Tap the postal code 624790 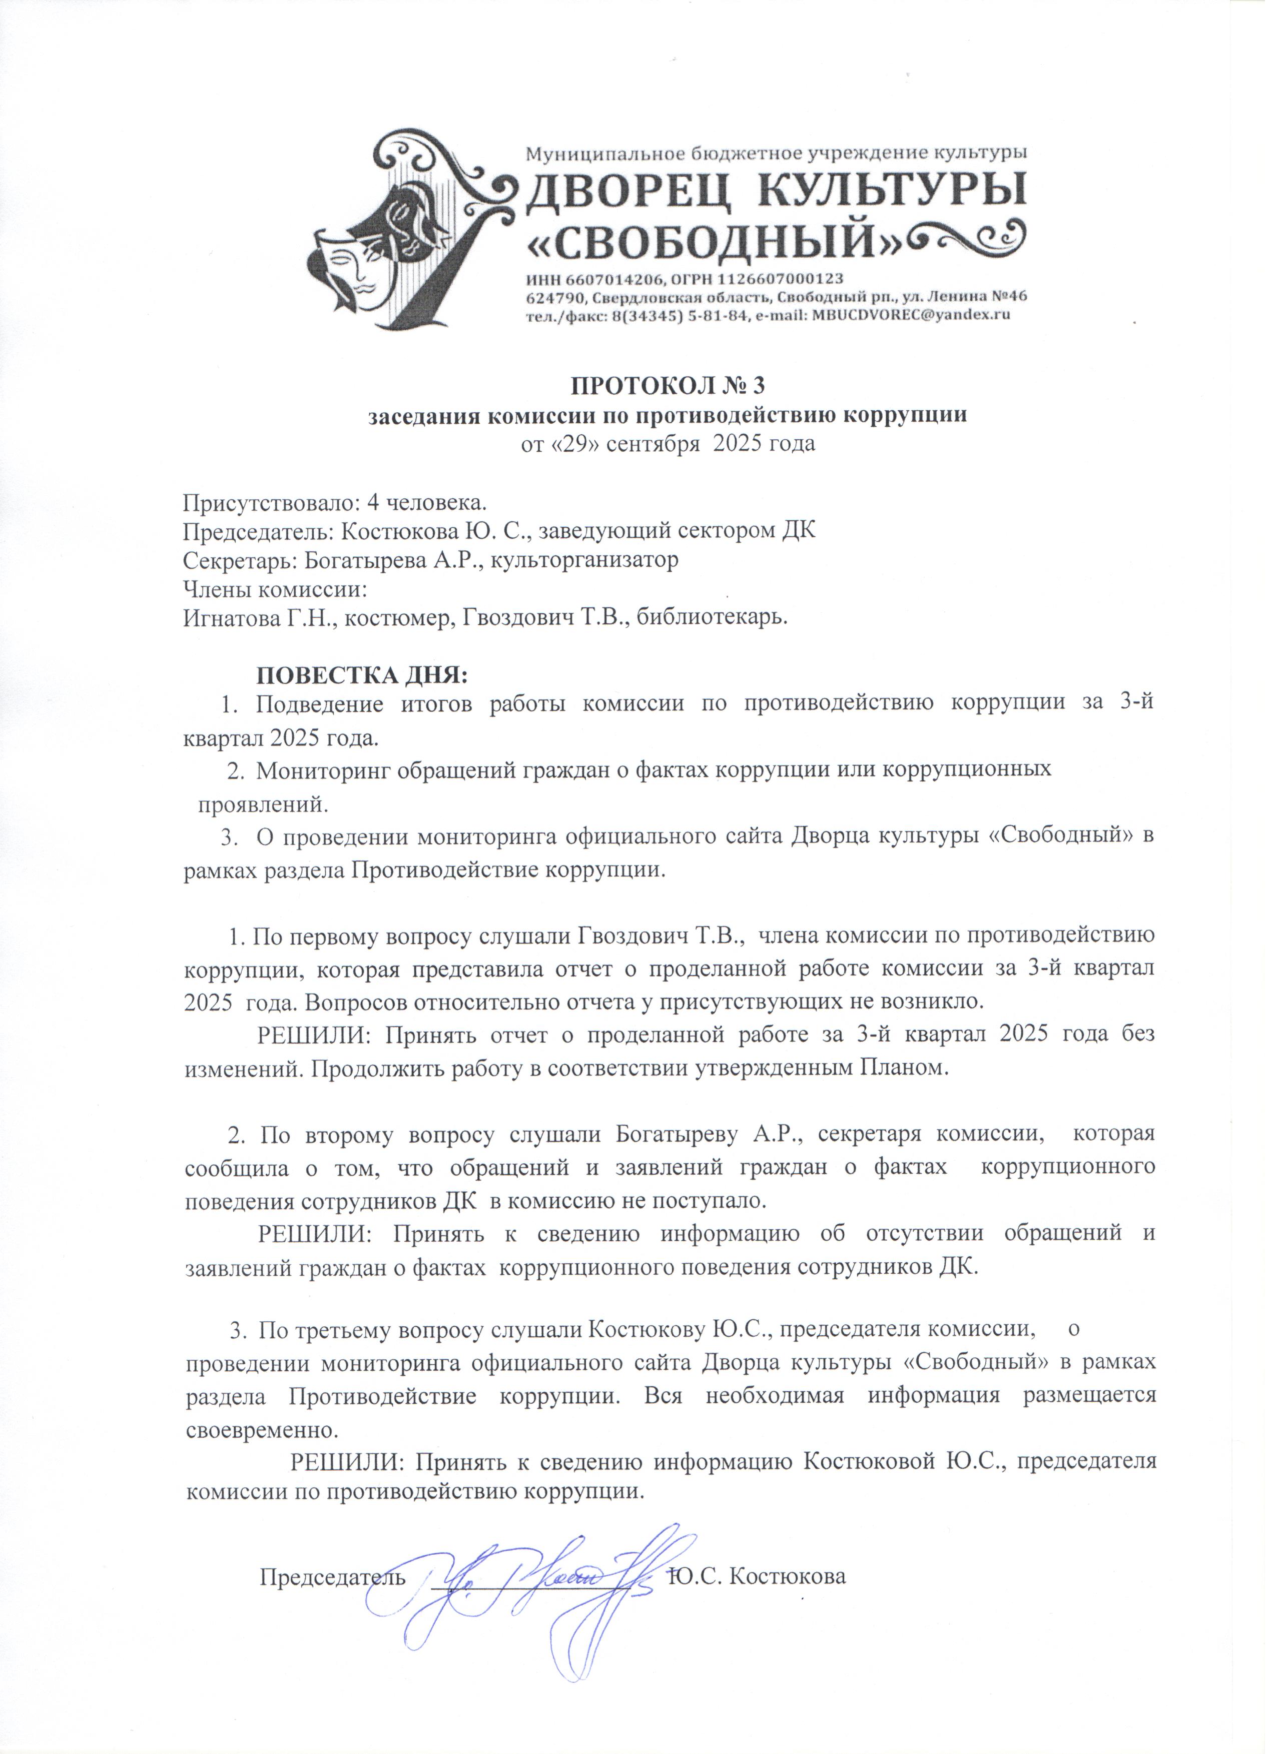pos(550,297)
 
